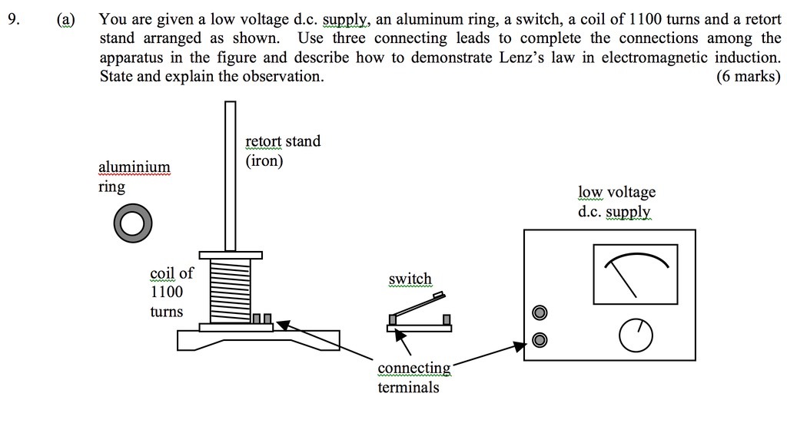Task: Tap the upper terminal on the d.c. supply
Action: (540, 313)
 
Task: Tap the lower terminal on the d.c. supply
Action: (540, 339)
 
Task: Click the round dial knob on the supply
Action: (636, 332)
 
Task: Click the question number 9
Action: (11, 18)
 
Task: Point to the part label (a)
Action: (66, 18)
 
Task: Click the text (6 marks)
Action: (747, 76)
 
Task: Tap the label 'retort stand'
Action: (283, 141)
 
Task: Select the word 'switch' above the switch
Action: (410, 279)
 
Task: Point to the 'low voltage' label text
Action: (616, 192)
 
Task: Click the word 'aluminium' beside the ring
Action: (134, 167)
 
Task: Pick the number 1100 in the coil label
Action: (166, 292)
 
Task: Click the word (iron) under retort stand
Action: (264, 161)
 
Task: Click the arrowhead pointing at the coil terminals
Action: (284, 326)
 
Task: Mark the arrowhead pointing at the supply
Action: (520, 347)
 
